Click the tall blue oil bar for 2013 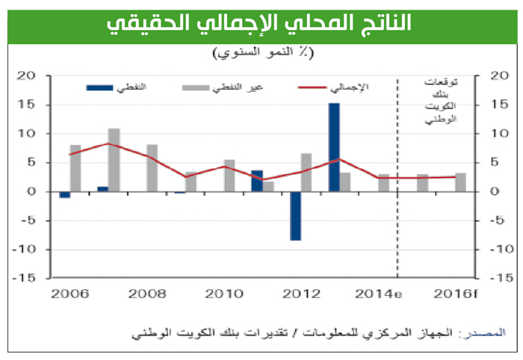(334, 147)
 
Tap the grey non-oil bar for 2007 (114, 160)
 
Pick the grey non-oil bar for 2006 (75, 168)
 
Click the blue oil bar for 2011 (256, 181)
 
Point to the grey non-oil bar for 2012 (306, 173)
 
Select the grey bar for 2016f (460, 182)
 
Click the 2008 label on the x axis (143, 293)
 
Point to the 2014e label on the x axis (374, 293)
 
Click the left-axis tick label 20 (28, 75)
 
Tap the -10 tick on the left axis (25, 249)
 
